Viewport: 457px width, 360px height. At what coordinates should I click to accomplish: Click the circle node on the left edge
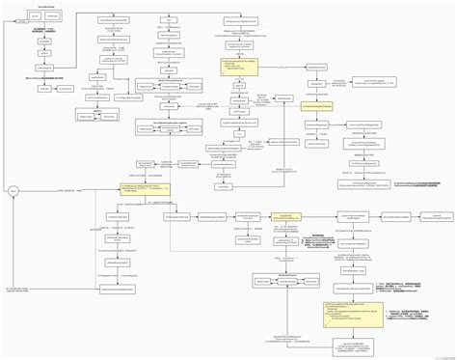tap(13, 193)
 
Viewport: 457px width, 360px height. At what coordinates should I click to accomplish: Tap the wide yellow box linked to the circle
tap(145, 189)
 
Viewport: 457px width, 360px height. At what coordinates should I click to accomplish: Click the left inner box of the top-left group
tap(35, 16)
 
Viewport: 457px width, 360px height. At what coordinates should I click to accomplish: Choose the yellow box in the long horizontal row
tap(286, 218)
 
